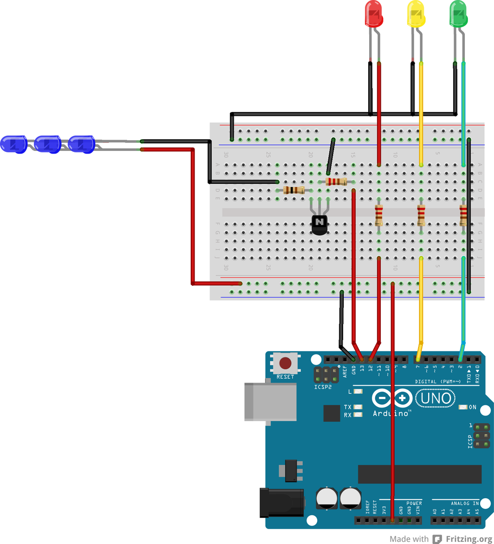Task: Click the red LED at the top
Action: [x=374, y=14]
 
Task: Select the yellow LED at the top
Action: [x=416, y=14]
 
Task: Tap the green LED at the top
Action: [x=458, y=14]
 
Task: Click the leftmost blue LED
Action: [x=14, y=144]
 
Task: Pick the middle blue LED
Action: [x=48, y=144]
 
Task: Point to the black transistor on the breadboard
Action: [x=319, y=224]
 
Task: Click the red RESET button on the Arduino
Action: [x=285, y=363]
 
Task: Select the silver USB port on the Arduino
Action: [x=270, y=402]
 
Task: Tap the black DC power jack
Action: [x=282, y=503]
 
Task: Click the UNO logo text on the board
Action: [x=436, y=398]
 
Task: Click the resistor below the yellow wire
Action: [x=421, y=215]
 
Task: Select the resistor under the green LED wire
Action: [x=463, y=215]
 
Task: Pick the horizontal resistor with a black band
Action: [x=294, y=190]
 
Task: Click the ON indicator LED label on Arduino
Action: [x=472, y=407]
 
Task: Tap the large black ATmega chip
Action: [x=420, y=474]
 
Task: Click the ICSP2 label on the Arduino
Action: [x=322, y=387]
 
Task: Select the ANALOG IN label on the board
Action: [x=465, y=503]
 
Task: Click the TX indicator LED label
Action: [x=347, y=407]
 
